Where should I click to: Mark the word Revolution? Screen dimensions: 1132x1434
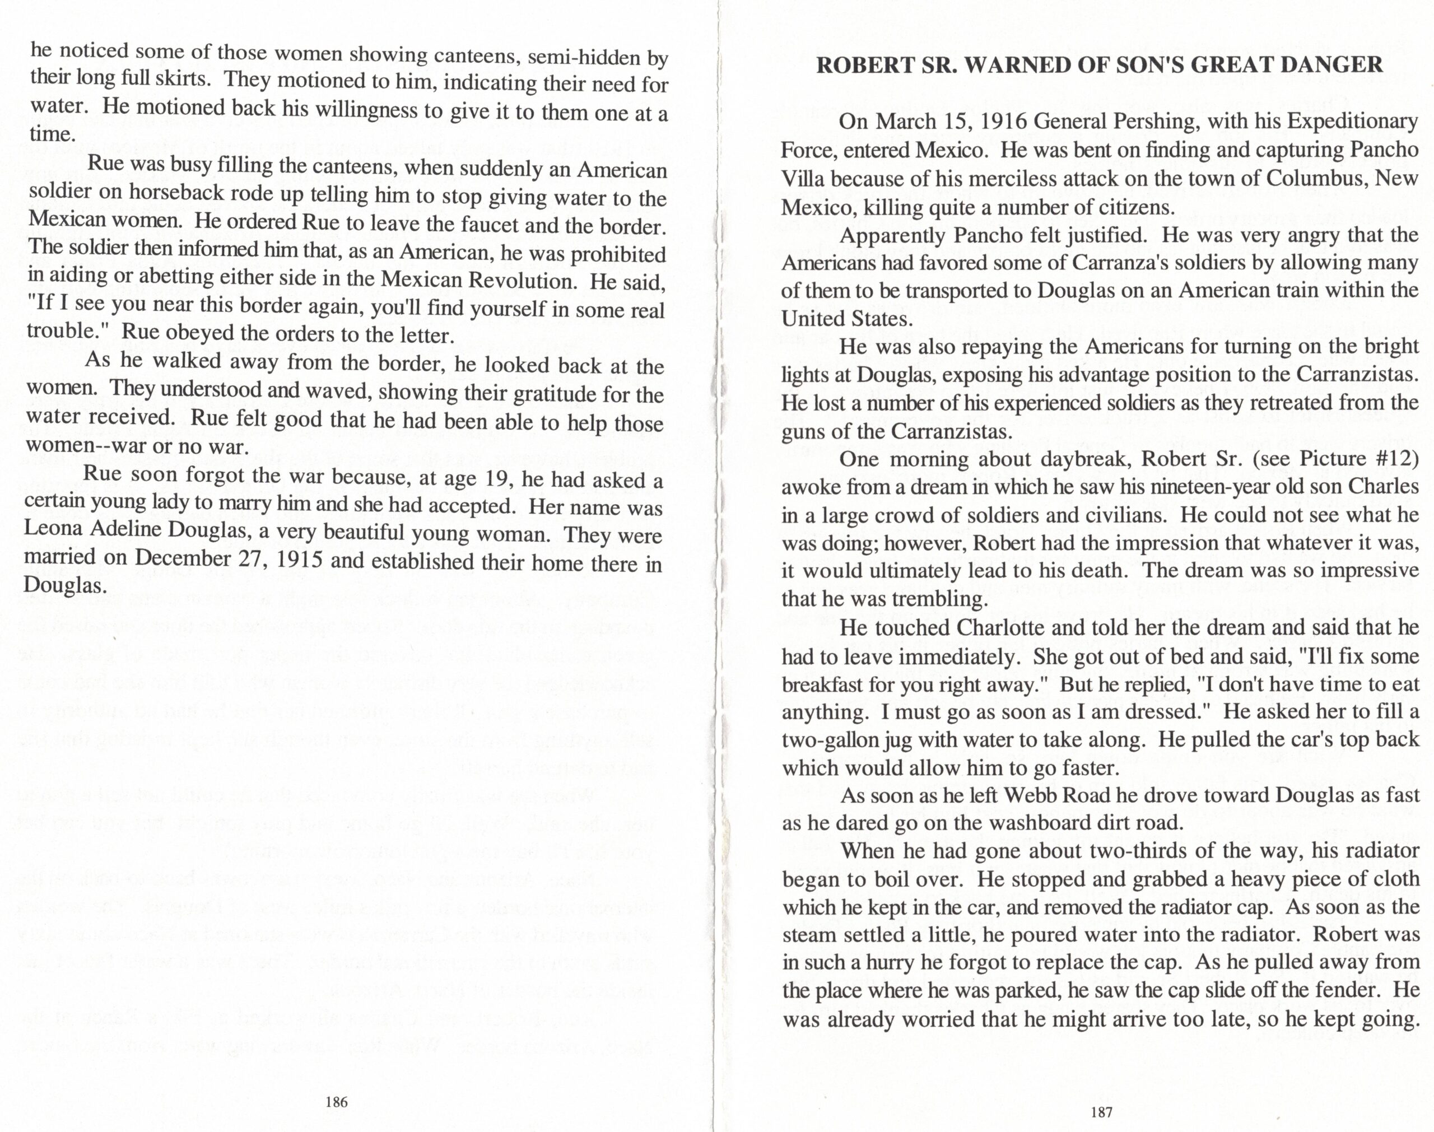(x=524, y=281)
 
